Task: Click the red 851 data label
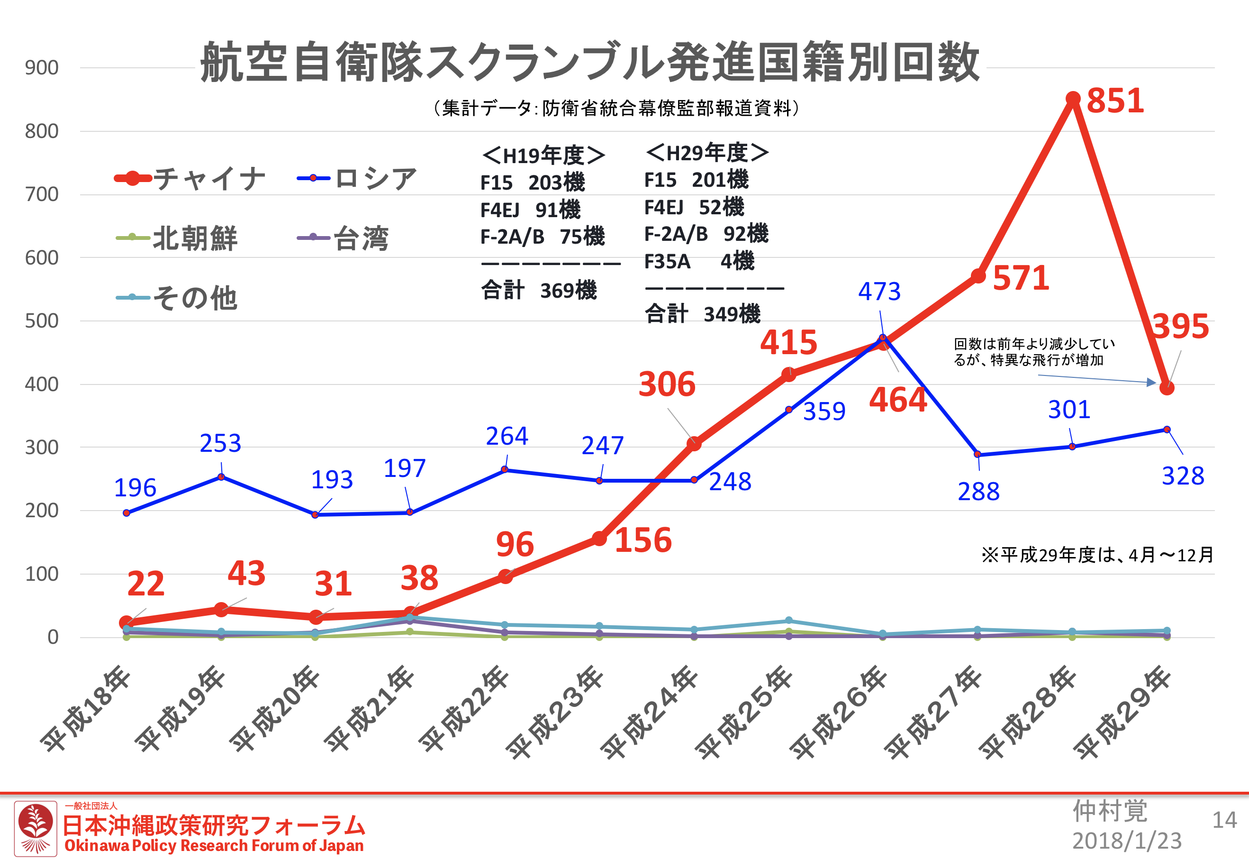1115,101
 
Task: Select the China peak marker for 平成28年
1073,99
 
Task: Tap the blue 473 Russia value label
879,292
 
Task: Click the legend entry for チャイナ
191,178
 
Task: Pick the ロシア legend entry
358,178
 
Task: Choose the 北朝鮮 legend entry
178,238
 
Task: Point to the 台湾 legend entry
343,238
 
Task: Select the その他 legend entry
178,298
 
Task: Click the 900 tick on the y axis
42,68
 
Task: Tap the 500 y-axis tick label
42,321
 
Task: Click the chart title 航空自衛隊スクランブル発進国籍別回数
590,63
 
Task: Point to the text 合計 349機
702,313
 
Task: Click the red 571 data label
1021,278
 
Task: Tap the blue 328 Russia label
1183,476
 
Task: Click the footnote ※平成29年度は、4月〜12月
1097,555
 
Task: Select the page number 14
1224,820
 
